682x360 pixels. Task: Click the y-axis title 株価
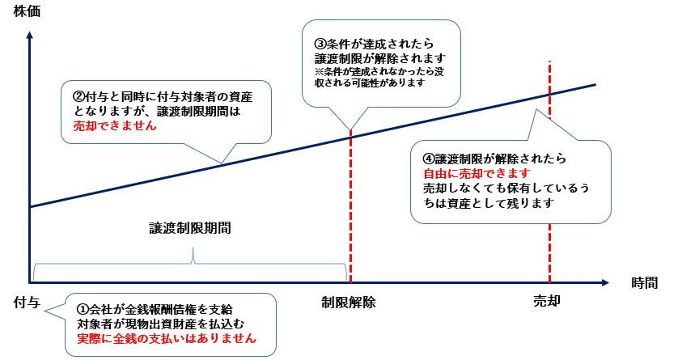click(27, 11)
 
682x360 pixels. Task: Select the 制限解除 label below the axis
click(349, 302)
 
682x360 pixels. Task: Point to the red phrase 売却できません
click(110, 126)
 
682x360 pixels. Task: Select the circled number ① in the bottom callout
click(82, 309)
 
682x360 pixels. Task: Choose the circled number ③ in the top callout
click(320, 43)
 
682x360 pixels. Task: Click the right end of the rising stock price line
click(595, 84)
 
